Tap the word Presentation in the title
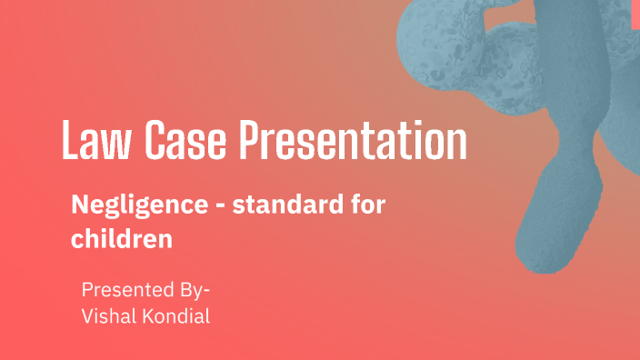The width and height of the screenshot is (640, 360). pyautogui.click(x=353, y=143)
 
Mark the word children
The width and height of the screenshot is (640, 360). pyautogui.click(x=121, y=240)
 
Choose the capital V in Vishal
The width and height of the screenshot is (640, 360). pyautogui.click(x=87, y=315)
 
